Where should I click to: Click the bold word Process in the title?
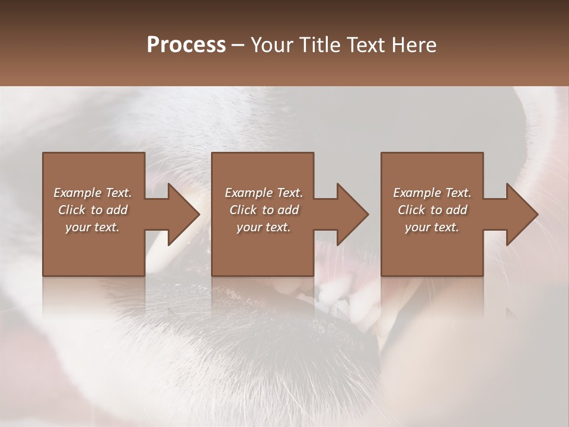pyautogui.click(x=186, y=45)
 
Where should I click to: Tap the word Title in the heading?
pyautogui.click(x=320, y=45)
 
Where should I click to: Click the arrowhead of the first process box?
pyautogui.click(x=183, y=214)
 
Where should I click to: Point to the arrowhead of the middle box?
pyautogui.click(x=352, y=214)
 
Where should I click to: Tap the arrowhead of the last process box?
pyautogui.click(x=522, y=214)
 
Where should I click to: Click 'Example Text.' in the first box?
pyautogui.click(x=92, y=193)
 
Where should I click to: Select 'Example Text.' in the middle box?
pyautogui.click(x=264, y=193)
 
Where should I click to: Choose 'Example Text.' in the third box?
pyautogui.click(x=432, y=193)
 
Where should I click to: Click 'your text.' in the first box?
pyautogui.click(x=92, y=227)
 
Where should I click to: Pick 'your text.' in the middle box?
pyautogui.click(x=264, y=227)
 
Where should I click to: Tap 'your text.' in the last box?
pyautogui.click(x=432, y=227)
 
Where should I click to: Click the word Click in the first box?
pyautogui.click(x=72, y=210)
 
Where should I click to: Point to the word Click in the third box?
pyautogui.click(x=412, y=210)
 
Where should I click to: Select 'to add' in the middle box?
pyautogui.click(x=280, y=210)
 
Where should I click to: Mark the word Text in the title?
pyautogui.click(x=367, y=45)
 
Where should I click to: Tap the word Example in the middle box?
pyautogui.click(x=249, y=193)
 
